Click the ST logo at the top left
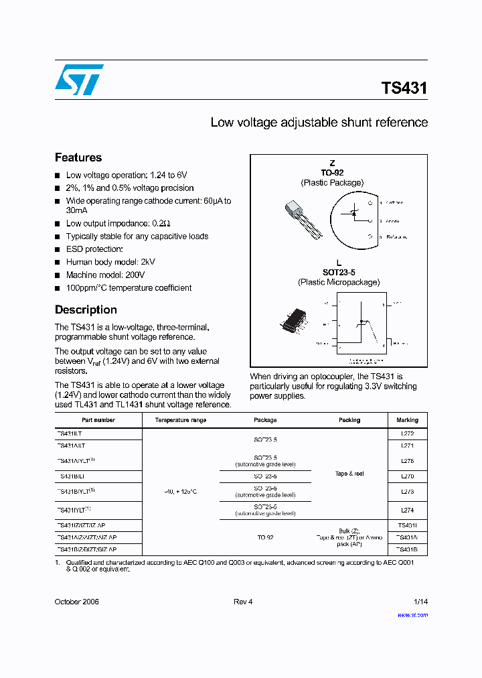pos(79,80)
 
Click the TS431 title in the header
pos(404,88)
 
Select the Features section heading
pos(78,157)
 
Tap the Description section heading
pos(86,310)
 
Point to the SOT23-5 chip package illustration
pos(295,320)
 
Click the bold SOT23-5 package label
pos(339,273)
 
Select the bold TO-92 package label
pos(332,173)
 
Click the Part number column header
pos(98,420)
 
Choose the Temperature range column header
pos(181,420)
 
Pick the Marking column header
pos(407,420)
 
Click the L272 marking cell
pos(407,434)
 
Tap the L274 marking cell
pos(407,511)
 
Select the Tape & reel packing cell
pos(349,474)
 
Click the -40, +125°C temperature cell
pos(181,492)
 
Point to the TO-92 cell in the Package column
pos(265,537)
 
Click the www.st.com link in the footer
pos(412,614)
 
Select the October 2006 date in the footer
pos(76,602)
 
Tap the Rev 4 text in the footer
pos(243,602)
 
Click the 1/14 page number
pos(420,602)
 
